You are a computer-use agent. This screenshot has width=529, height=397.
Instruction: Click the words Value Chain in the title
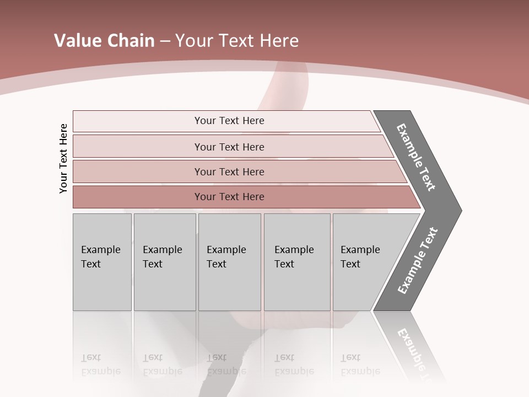pos(104,41)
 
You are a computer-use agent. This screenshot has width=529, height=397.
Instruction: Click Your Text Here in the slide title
pos(237,41)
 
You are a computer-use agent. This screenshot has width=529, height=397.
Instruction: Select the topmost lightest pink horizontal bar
pos(229,121)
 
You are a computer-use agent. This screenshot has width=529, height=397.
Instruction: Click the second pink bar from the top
pos(229,147)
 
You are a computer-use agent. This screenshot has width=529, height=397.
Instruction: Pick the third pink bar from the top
pos(229,171)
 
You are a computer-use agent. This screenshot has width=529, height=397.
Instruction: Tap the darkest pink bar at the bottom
pos(229,197)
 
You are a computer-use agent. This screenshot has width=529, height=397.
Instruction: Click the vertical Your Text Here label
pos(63,158)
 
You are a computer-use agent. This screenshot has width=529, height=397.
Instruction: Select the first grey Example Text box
pos(102,262)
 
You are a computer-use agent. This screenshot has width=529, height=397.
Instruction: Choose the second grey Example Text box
pos(164,262)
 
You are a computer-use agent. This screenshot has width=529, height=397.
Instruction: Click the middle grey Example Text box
pos(229,262)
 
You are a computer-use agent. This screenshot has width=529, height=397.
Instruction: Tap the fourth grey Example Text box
pos(297,262)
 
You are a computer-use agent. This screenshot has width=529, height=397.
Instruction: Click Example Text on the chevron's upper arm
pos(416,157)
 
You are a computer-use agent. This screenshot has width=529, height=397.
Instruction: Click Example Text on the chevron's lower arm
pos(417,261)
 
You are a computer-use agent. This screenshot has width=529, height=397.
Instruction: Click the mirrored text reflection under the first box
pos(100,364)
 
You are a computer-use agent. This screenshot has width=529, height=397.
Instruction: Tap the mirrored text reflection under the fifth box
pos(360,364)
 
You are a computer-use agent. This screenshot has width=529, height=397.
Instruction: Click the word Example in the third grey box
pos(226,250)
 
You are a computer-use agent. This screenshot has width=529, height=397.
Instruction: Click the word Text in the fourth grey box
pos(284,264)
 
